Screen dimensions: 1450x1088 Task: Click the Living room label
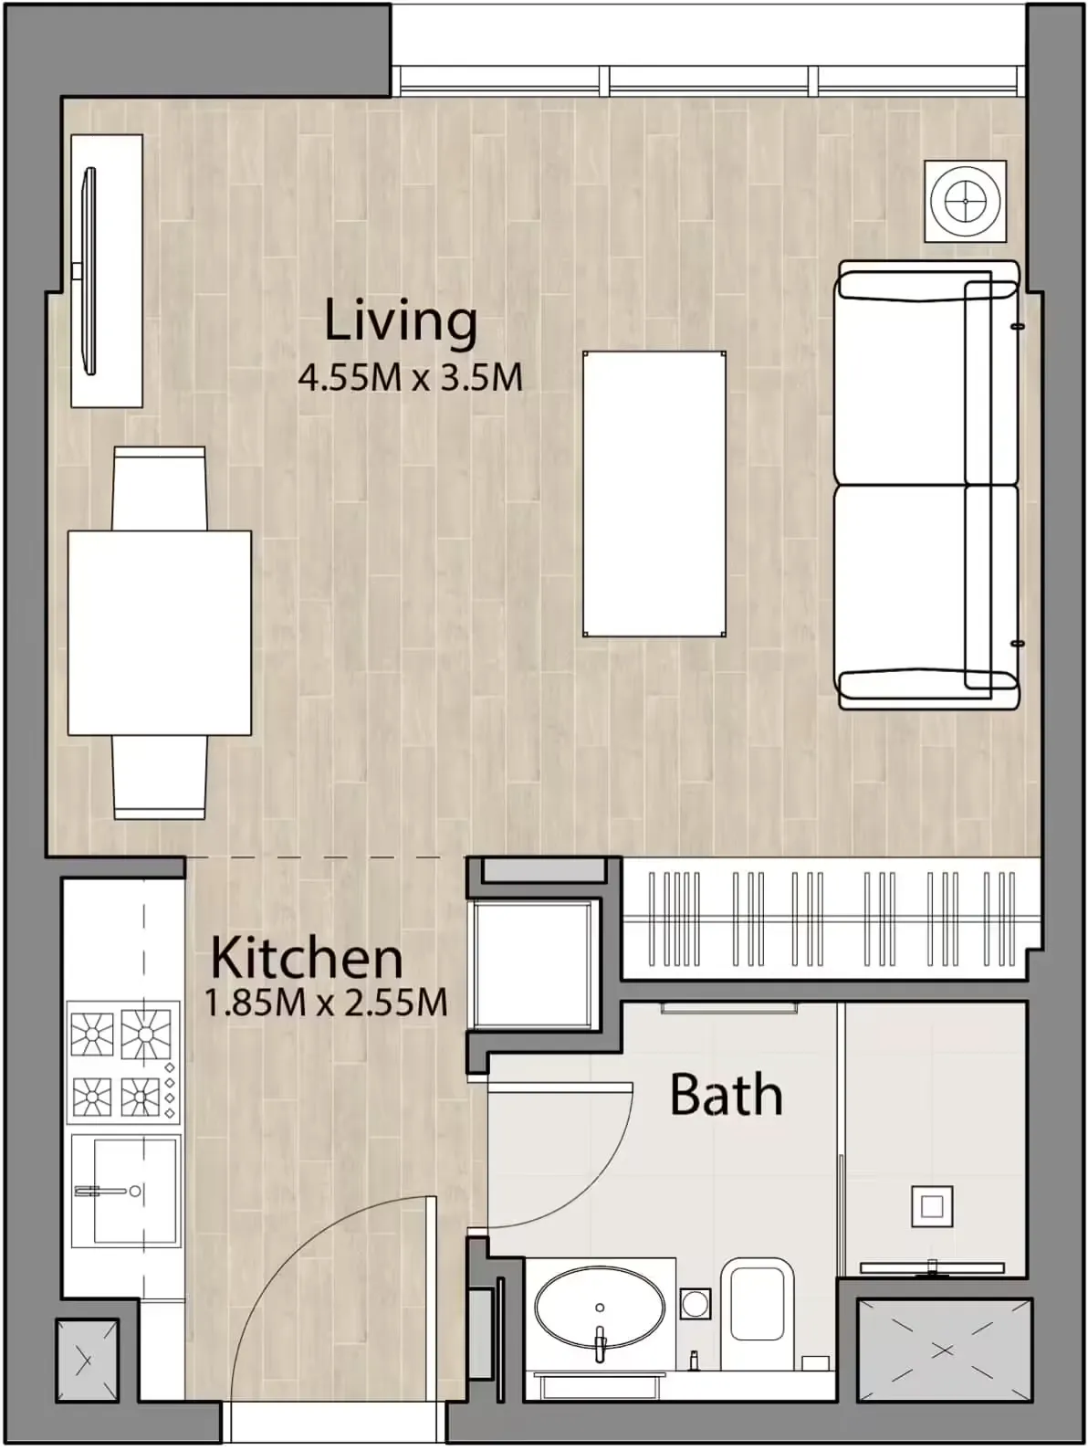tap(401, 321)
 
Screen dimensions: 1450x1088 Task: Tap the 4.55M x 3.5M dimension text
tap(410, 377)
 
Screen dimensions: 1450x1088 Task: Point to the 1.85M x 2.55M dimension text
tap(326, 1003)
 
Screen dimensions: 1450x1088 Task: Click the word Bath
tap(726, 1095)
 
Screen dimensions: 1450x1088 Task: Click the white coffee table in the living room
tap(654, 494)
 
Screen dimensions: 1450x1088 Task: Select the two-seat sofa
tap(926, 485)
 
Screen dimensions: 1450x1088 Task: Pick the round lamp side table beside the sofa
tap(966, 201)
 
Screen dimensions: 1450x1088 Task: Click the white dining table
tap(159, 633)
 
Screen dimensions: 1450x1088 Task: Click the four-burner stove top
tap(122, 1062)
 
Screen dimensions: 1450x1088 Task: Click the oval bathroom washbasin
tap(599, 1307)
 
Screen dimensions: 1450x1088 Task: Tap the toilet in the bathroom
tap(757, 1300)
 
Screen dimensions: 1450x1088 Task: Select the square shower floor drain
tap(931, 1206)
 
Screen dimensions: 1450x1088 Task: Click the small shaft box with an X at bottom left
tap(86, 1361)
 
